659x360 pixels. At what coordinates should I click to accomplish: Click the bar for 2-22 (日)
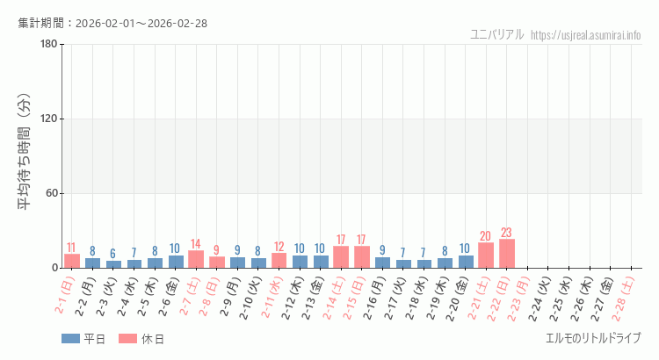[507, 254]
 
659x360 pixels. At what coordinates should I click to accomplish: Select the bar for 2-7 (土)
[196, 259]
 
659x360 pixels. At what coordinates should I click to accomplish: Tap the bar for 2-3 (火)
[113, 264]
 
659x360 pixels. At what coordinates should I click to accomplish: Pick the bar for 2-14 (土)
[341, 257]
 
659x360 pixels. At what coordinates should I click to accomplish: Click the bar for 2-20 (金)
[466, 262]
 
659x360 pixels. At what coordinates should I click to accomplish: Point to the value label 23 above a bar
[507, 233]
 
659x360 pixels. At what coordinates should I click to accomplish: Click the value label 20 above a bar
[486, 236]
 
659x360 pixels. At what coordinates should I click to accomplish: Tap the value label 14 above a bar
[196, 244]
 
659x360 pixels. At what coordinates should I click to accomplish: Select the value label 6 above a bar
[113, 254]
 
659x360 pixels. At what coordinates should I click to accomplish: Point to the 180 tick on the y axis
[48, 45]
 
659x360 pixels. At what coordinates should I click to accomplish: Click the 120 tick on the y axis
[48, 119]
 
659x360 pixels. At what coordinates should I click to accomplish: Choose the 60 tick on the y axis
[51, 194]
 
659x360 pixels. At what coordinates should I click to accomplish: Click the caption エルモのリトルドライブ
[593, 338]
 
